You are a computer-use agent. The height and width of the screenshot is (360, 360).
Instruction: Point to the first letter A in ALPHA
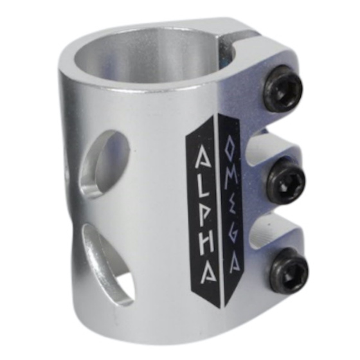(x=203, y=157)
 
